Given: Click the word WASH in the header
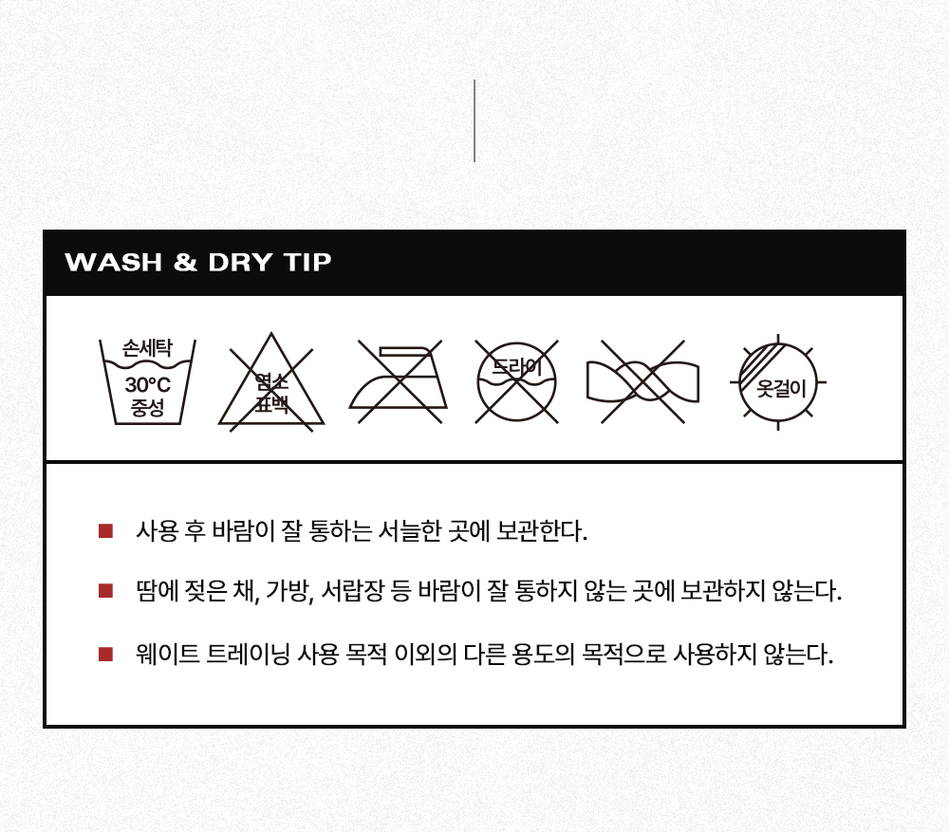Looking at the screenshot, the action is [114, 262].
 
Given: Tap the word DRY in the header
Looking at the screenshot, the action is [240, 262].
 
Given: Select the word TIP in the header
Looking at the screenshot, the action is [307, 262].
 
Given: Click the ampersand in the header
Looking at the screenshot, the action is [185, 262].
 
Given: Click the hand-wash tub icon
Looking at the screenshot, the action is [148, 381].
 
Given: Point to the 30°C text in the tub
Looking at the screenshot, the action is [148, 385].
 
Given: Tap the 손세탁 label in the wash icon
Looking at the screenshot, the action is [148, 348].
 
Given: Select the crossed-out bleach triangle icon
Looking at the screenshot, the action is [271, 381].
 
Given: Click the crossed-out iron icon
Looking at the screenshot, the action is [399, 381].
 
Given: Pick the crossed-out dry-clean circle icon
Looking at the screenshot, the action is [516, 381].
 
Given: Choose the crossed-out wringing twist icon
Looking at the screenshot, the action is [642, 381].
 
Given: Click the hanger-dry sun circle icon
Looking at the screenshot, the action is [778, 382].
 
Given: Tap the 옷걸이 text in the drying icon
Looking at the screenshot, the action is [781, 388].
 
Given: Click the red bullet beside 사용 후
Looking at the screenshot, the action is [106, 530].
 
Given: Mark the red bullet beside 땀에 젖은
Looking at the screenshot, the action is [106, 591].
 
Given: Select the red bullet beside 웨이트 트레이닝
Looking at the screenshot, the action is [106, 654].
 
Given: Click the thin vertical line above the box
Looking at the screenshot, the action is [474, 121].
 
